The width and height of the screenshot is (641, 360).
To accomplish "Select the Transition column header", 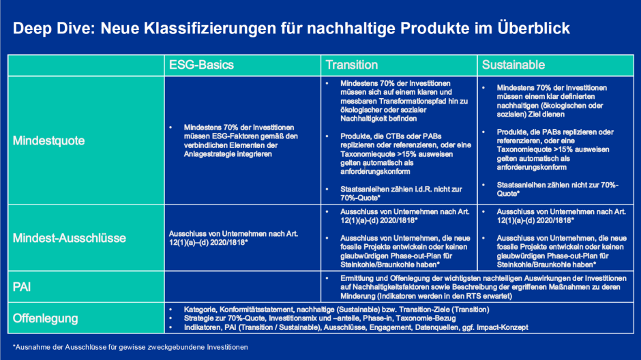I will (x=351, y=65).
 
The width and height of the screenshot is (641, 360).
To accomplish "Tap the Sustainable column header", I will (x=513, y=65).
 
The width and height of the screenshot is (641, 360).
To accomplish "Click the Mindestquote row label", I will (x=49, y=141).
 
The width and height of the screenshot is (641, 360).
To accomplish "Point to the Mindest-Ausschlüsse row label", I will (x=68, y=238).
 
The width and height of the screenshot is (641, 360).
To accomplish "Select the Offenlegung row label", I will (x=45, y=318).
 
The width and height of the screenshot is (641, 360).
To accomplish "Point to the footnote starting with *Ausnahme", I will (x=130, y=347).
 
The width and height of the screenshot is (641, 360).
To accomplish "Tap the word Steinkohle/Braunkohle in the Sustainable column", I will (x=530, y=262).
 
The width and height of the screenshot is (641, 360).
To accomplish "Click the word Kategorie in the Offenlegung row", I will (x=199, y=309).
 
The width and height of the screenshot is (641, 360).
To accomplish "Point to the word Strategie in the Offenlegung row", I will (x=199, y=318).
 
